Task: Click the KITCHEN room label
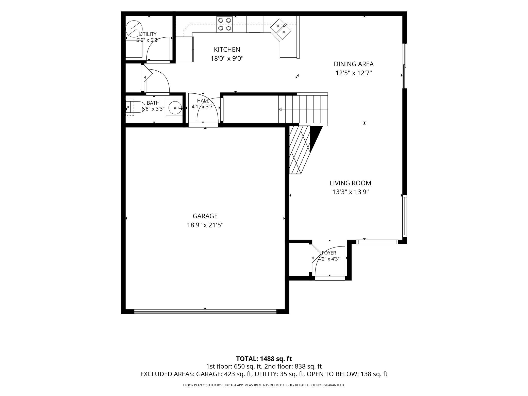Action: (x=227, y=49)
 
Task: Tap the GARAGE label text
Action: (x=205, y=216)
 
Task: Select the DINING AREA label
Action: (x=354, y=64)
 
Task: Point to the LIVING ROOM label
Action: (x=350, y=183)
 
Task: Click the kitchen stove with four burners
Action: (x=225, y=24)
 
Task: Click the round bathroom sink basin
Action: (x=175, y=108)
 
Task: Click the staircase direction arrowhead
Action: (x=280, y=109)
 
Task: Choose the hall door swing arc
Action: (x=208, y=109)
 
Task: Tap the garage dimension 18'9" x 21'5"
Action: (x=205, y=225)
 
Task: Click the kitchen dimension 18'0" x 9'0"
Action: (x=227, y=59)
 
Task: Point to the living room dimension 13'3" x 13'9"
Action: (x=350, y=192)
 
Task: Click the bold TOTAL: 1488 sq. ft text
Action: (x=264, y=359)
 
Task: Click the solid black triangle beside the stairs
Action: (x=316, y=138)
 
